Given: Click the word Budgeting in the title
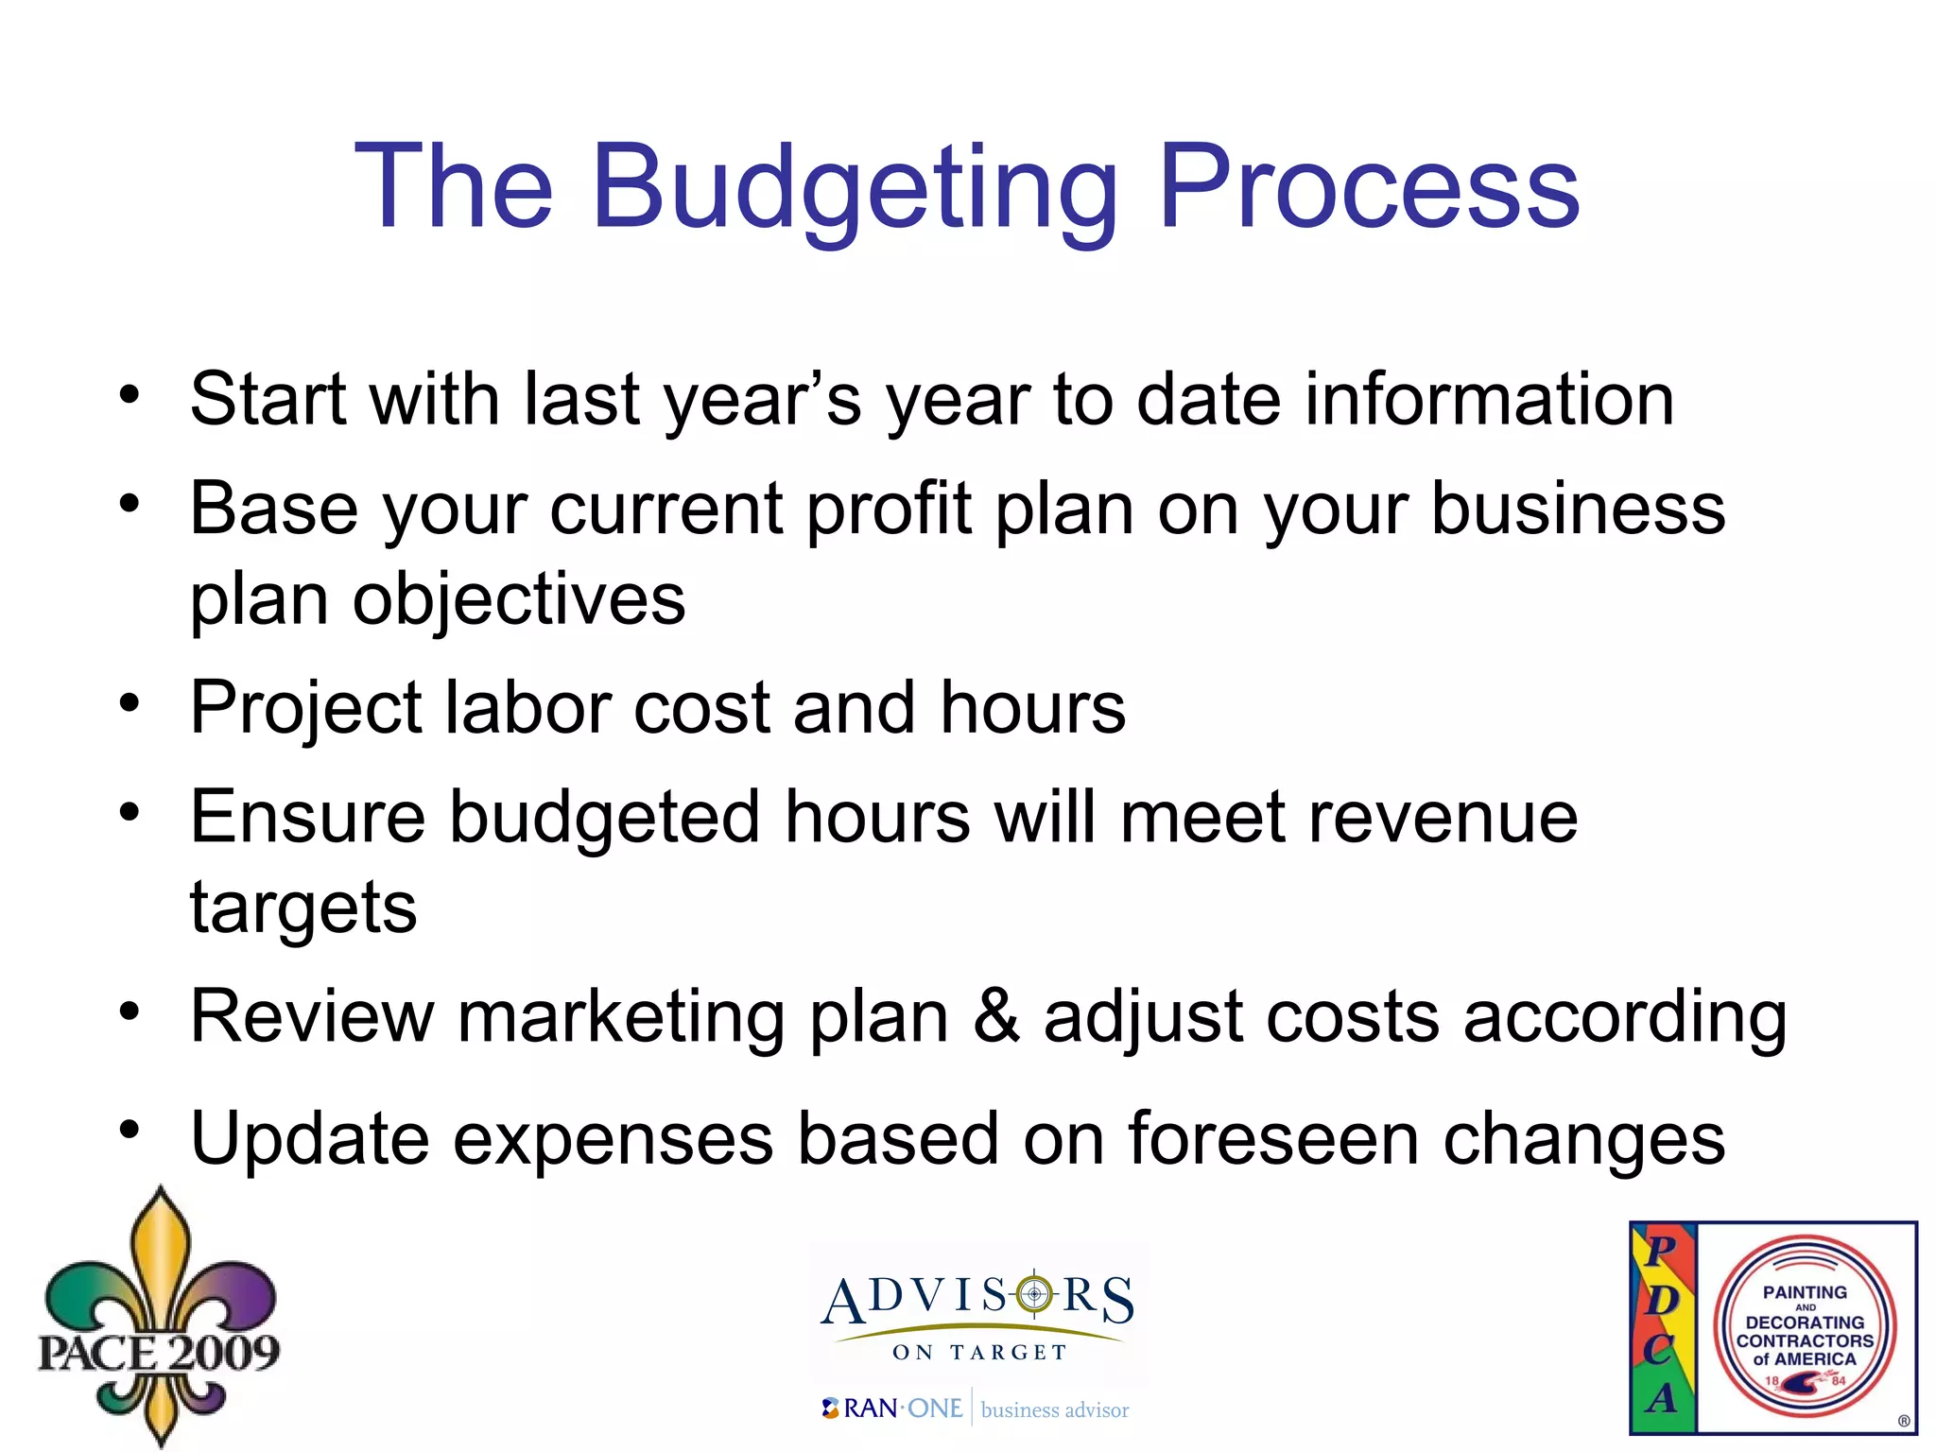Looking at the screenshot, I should pos(854,187).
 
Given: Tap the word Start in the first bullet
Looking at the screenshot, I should pos(268,399).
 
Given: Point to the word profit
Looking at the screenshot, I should pos(889,510).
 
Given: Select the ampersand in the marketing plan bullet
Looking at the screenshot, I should pos(996,1017).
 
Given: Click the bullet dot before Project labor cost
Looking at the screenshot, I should pos(130,702).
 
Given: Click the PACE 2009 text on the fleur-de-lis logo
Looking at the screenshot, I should pos(159,1352).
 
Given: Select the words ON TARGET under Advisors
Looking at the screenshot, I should pos(979,1353).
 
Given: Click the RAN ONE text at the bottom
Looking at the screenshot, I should pos(902,1409).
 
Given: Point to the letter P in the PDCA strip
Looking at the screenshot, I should pos(1661,1251).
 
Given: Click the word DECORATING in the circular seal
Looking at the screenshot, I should pos(1805,1322).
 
